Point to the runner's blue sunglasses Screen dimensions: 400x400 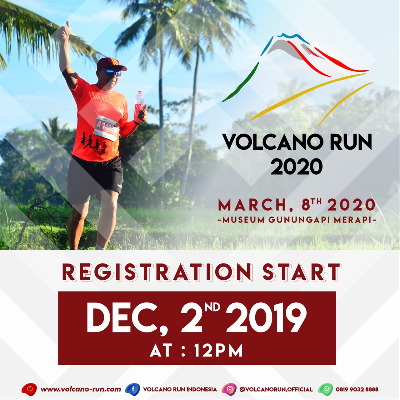[113, 72]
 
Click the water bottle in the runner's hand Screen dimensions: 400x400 [139, 106]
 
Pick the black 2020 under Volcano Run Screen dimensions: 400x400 [297, 167]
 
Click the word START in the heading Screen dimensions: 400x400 [302, 272]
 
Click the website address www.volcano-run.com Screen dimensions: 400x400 [81, 389]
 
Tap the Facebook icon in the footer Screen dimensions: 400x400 [133, 389]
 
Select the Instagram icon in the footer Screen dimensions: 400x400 [229, 389]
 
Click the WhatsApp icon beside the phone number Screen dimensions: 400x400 [326, 389]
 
